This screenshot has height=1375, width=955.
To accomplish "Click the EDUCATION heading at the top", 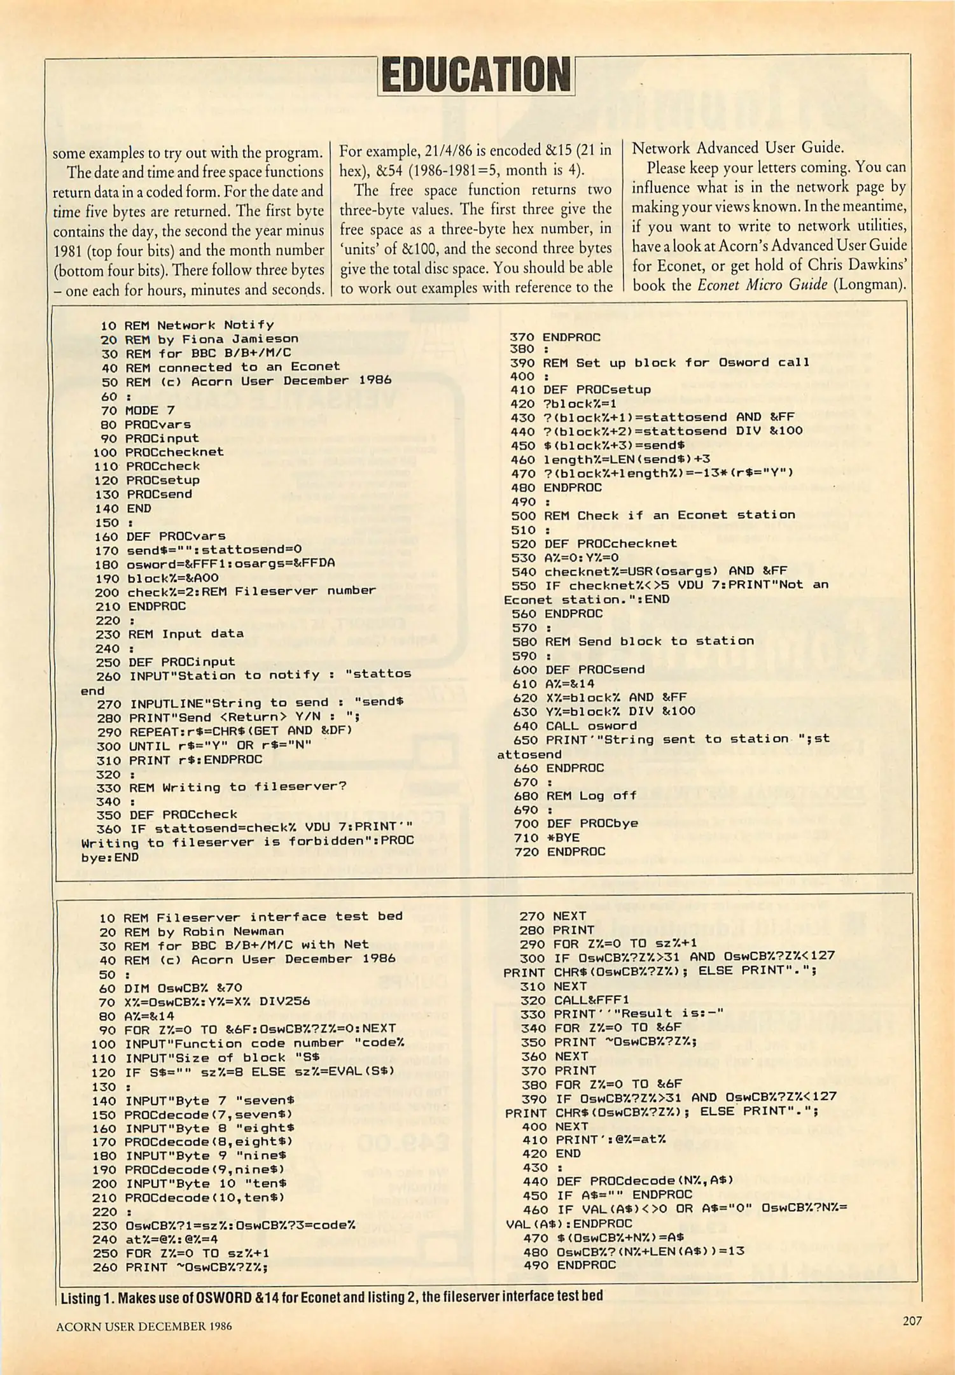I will click(x=476, y=75).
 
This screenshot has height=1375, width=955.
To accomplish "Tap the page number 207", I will click(x=911, y=1321).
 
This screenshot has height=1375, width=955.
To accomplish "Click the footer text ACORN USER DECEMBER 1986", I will click(x=144, y=1327).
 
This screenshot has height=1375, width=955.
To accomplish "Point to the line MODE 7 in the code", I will click(x=150, y=411).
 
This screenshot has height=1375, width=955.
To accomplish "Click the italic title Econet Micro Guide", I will click(x=762, y=285).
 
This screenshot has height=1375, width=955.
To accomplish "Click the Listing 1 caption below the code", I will click(x=331, y=1297).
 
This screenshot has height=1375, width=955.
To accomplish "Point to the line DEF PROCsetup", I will click(x=597, y=390).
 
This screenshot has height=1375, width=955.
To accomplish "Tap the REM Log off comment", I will click(x=592, y=796).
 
